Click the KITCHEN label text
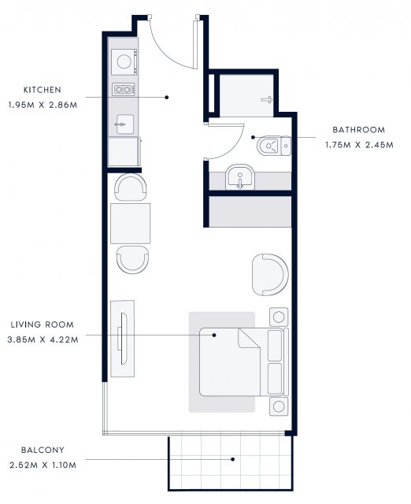pos(43,90)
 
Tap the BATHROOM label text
pos(358,130)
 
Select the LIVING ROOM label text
pos(43,324)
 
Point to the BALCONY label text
pos(43,450)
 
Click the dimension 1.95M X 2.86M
pos(43,105)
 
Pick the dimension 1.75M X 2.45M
pos(359,145)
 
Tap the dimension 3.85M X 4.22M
pos(43,339)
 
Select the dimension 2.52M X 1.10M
pos(43,465)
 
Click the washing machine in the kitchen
pos(124,61)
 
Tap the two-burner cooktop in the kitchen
pos(124,89)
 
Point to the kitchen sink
pos(124,124)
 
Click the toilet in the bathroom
pos(274,146)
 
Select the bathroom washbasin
pos(239,177)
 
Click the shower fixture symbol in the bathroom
pos(267,100)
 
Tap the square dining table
pos(130,224)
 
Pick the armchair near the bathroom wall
pos(270,275)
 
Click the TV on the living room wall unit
pos(123,339)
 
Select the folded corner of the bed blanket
pos(247,338)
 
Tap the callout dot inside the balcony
pos(232,459)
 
